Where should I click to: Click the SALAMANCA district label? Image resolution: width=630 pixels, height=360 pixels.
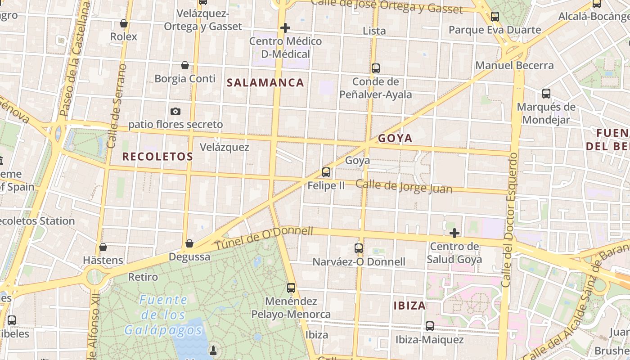(x=265, y=83)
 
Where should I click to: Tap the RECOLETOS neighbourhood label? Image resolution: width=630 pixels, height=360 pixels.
(x=157, y=157)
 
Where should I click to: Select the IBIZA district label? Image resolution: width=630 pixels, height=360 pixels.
(x=409, y=306)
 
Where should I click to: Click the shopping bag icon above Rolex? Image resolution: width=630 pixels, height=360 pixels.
(x=124, y=23)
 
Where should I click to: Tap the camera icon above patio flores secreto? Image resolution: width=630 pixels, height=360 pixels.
(x=175, y=111)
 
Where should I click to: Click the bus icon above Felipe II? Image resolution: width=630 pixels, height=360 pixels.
(x=326, y=172)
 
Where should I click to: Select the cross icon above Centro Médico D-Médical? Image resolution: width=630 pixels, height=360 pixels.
(x=285, y=28)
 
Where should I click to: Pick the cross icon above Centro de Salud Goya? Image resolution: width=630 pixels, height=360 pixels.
(x=454, y=233)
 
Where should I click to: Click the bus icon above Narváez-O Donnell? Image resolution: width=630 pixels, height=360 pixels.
(x=359, y=248)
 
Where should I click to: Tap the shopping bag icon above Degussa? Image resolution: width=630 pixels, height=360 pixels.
(x=189, y=243)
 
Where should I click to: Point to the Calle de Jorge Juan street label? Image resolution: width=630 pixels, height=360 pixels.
(x=404, y=186)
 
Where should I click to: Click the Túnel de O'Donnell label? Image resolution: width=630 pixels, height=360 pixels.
(x=264, y=238)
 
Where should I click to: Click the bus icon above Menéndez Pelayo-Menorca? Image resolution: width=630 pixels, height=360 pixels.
(x=291, y=288)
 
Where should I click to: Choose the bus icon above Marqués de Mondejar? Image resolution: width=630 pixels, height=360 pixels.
(x=546, y=94)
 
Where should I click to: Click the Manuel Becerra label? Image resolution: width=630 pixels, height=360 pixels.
(x=515, y=65)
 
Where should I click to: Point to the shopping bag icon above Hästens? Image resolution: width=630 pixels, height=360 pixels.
(x=103, y=247)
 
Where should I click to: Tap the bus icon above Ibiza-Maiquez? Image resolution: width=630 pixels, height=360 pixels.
(x=430, y=326)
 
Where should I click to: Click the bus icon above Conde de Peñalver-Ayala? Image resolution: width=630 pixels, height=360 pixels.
(x=376, y=68)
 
